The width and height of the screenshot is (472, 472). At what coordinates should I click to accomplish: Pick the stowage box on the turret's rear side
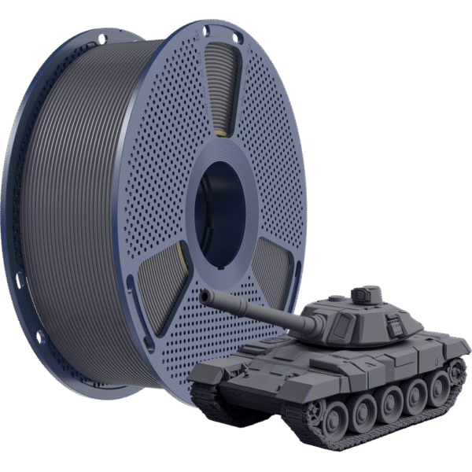(409, 319)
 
